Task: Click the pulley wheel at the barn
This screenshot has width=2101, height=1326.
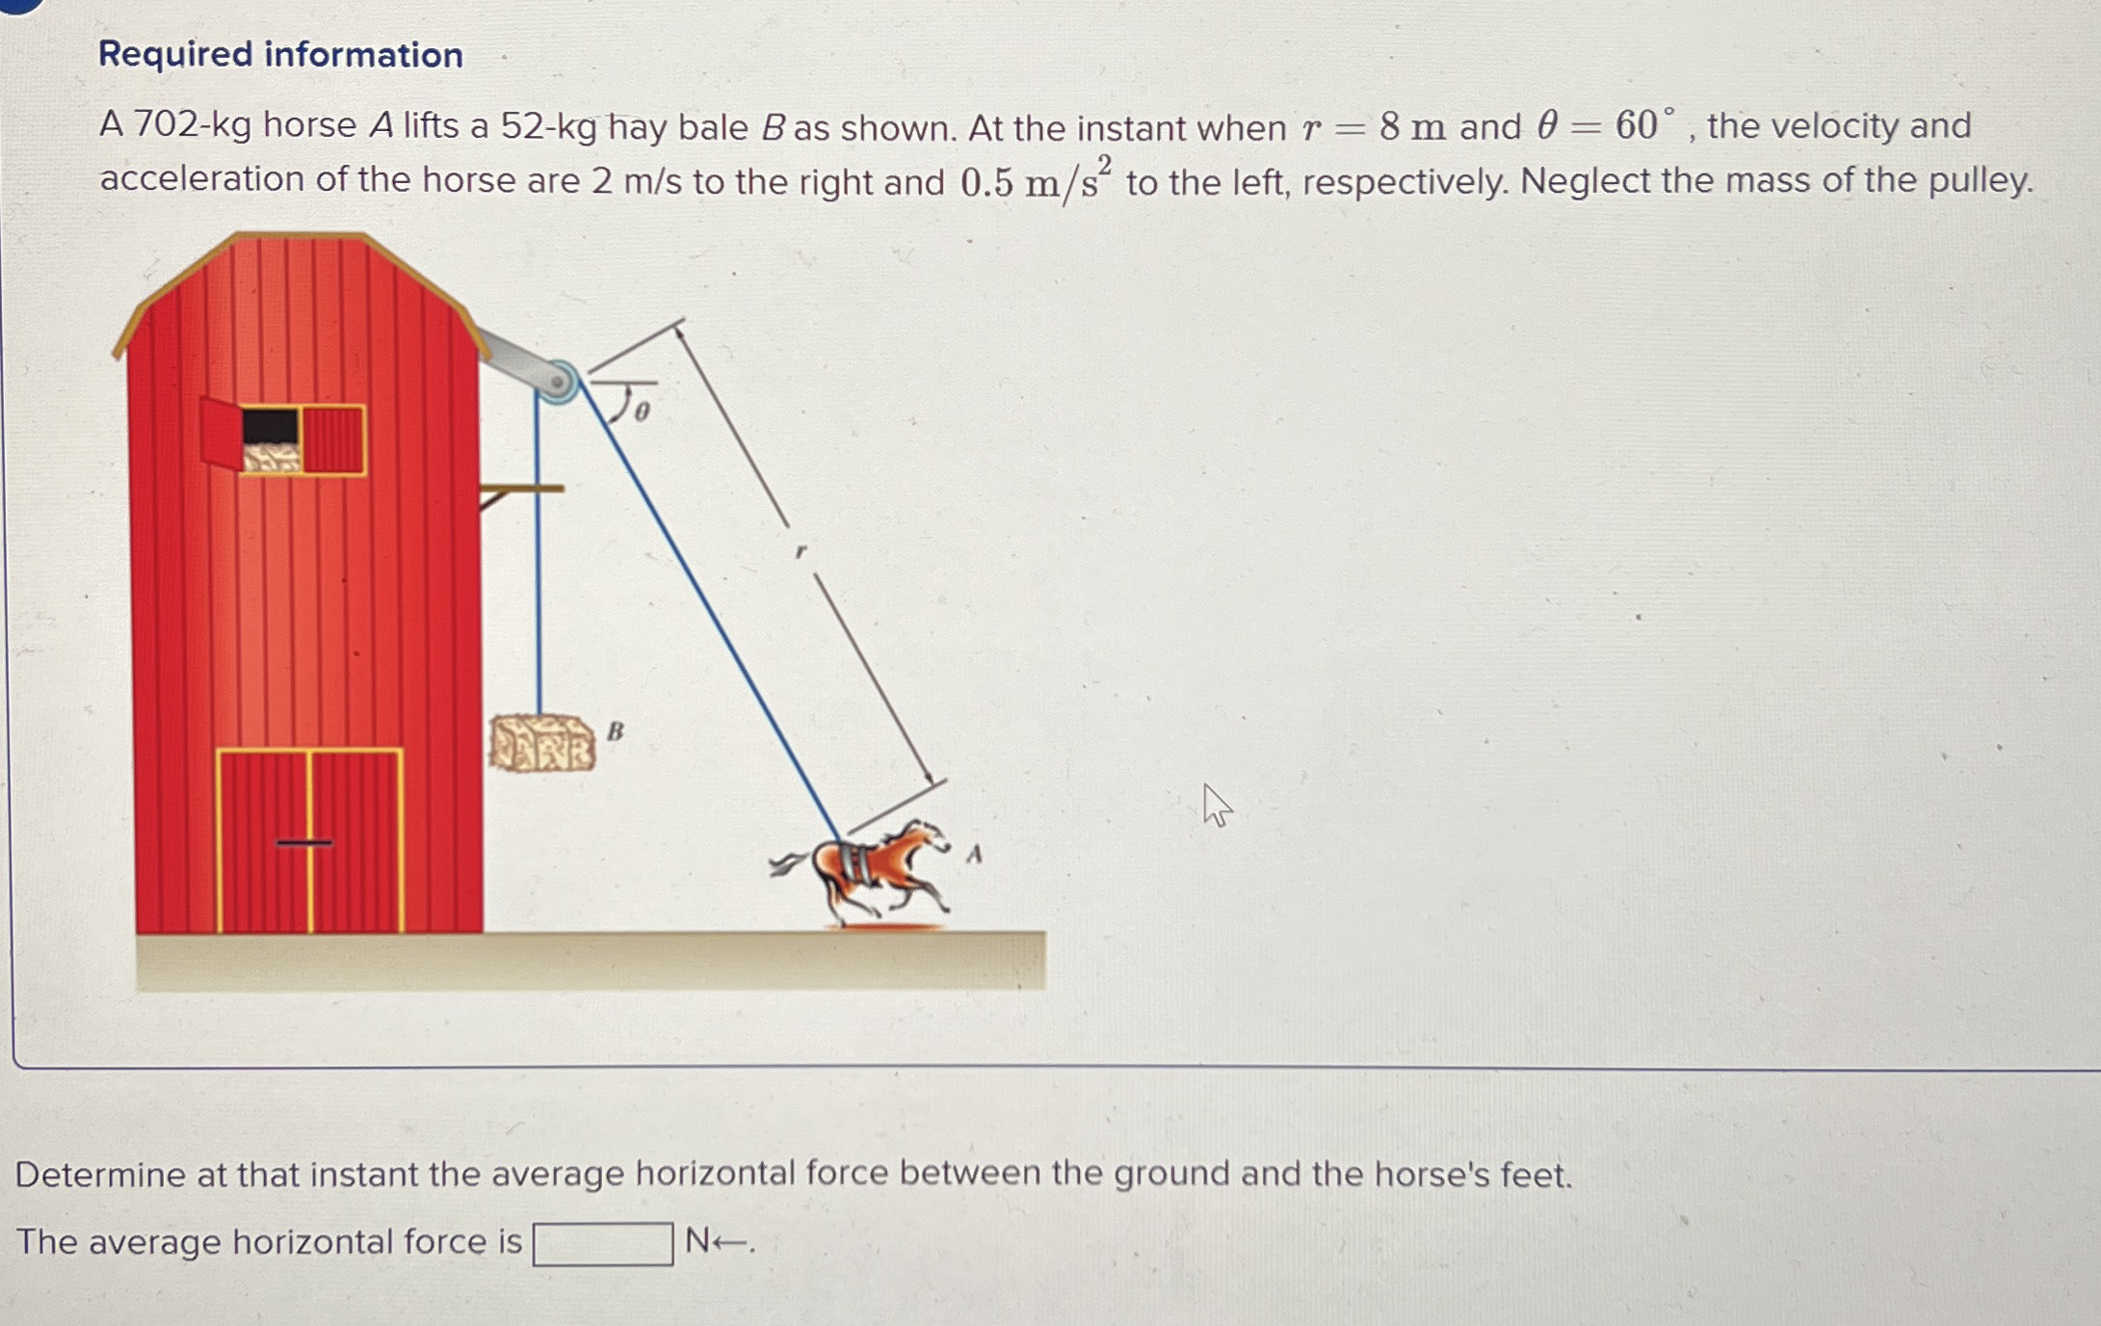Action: [x=557, y=382]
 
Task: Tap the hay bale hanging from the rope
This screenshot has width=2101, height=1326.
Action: [x=541, y=743]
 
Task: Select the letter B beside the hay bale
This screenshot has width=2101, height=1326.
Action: [x=615, y=731]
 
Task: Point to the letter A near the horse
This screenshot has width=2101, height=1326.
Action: [x=974, y=854]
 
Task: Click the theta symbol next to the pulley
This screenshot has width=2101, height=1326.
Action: [x=642, y=411]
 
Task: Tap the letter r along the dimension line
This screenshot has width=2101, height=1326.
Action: [x=800, y=552]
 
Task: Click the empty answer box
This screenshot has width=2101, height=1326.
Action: [x=603, y=1243]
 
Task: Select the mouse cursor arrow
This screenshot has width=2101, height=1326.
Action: [x=1216, y=805]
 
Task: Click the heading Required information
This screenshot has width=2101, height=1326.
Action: [x=280, y=55]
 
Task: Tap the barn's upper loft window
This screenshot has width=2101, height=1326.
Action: [x=283, y=439]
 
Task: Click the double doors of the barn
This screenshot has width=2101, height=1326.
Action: [x=309, y=840]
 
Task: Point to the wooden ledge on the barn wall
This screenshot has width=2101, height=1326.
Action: [x=520, y=490]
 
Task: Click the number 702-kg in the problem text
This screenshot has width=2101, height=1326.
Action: [x=191, y=125]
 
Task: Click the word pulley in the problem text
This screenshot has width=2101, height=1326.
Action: [x=1979, y=181]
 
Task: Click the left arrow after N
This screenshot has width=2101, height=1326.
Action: [x=732, y=1243]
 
